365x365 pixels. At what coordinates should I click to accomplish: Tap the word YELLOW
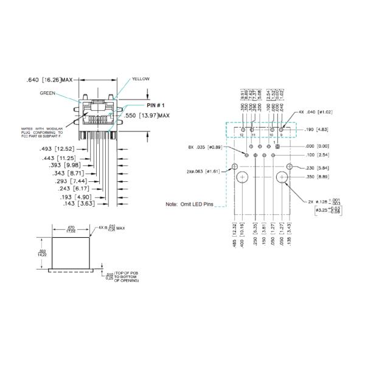click(x=141, y=79)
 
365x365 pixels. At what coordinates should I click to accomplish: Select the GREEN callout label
click(x=48, y=94)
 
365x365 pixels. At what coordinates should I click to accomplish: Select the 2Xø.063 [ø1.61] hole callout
click(x=207, y=171)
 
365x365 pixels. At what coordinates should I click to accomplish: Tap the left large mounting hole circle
click(x=243, y=178)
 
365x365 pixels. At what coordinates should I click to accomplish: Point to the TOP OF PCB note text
click(x=127, y=277)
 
